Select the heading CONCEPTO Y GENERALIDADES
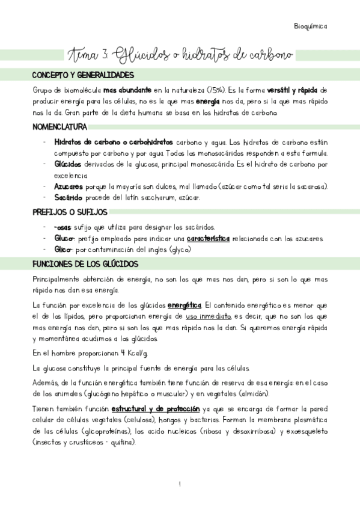coord(82,75)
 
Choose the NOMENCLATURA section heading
coord(59,127)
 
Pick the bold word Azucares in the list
coord(69,186)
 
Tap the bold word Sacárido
coord(67,197)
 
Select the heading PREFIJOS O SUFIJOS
coord(70,212)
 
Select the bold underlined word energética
coord(185,306)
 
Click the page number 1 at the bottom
coord(179,484)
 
